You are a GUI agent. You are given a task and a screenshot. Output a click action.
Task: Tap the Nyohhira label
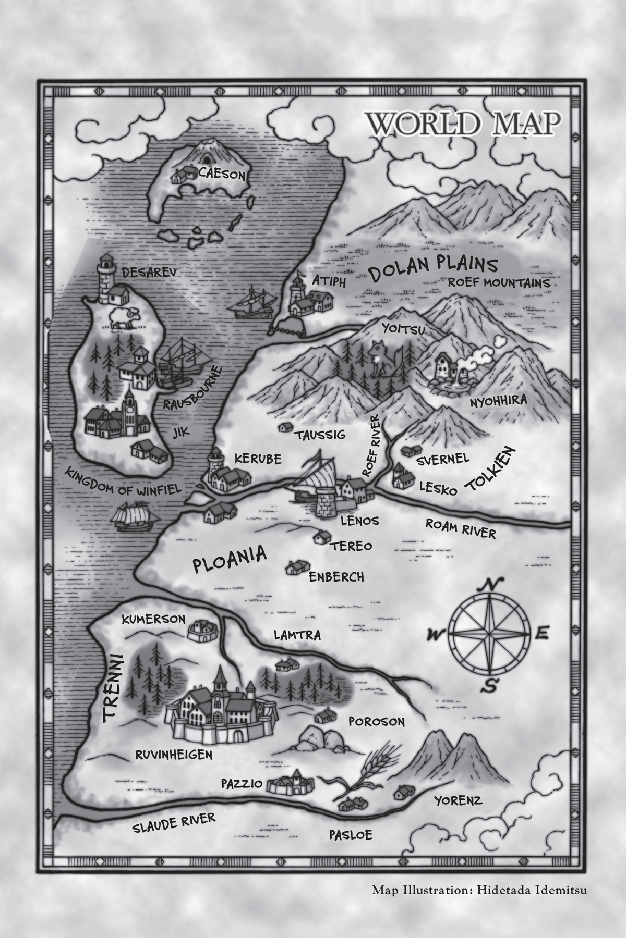coord(498,401)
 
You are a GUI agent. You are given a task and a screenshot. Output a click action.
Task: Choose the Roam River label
coord(461,527)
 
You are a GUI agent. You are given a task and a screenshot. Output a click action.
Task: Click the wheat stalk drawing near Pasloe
coord(360,782)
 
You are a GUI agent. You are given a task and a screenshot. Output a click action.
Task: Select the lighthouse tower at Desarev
coord(106,276)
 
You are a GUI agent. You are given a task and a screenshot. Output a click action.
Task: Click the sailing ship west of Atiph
coord(253,302)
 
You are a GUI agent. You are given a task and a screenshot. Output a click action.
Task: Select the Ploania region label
coord(230,559)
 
